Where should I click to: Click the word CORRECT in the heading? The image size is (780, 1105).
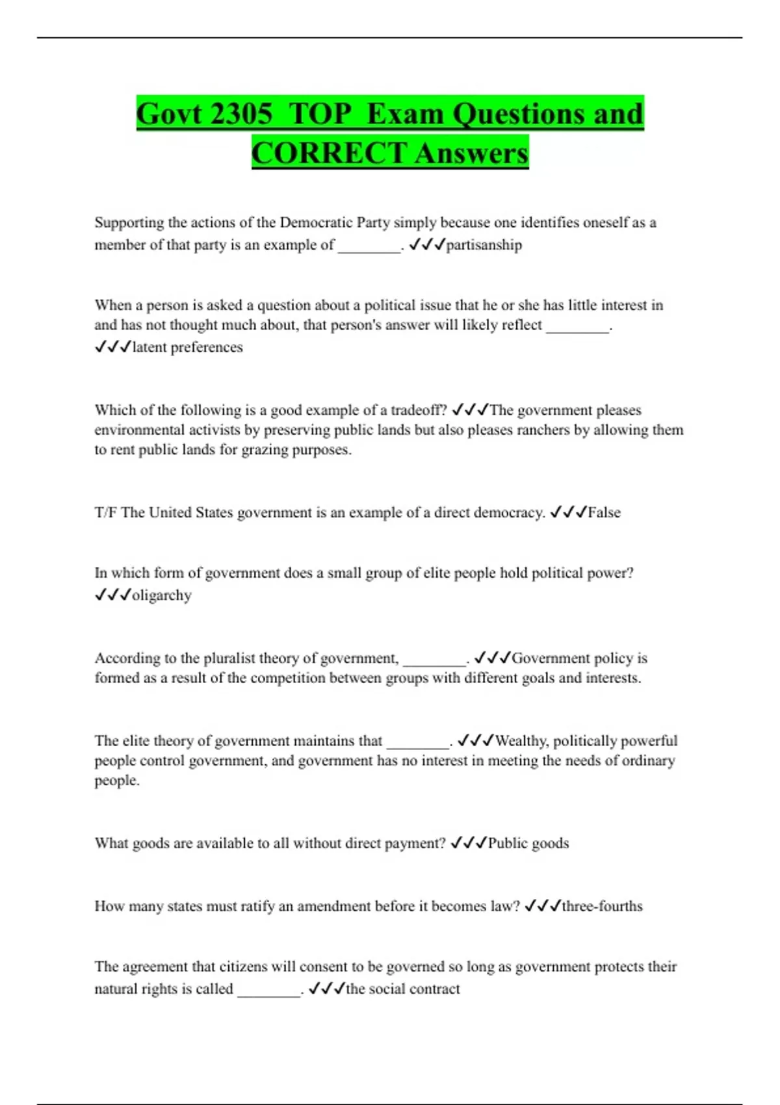(x=329, y=153)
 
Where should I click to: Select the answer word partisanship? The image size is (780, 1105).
(x=484, y=245)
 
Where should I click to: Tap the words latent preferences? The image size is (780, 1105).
(x=187, y=347)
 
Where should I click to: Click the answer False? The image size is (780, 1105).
(x=604, y=512)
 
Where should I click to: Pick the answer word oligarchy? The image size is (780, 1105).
(x=162, y=595)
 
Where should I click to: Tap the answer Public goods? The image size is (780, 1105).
(x=528, y=843)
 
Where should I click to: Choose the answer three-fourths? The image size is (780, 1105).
(x=602, y=906)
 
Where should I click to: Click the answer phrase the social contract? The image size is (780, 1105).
(x=402, y=989)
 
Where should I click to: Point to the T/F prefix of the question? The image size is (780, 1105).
(x=105, y=512)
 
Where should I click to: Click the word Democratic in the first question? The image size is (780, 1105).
(x=315, y=222)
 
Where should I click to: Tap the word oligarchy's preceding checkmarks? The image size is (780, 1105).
(x=112, y=595)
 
